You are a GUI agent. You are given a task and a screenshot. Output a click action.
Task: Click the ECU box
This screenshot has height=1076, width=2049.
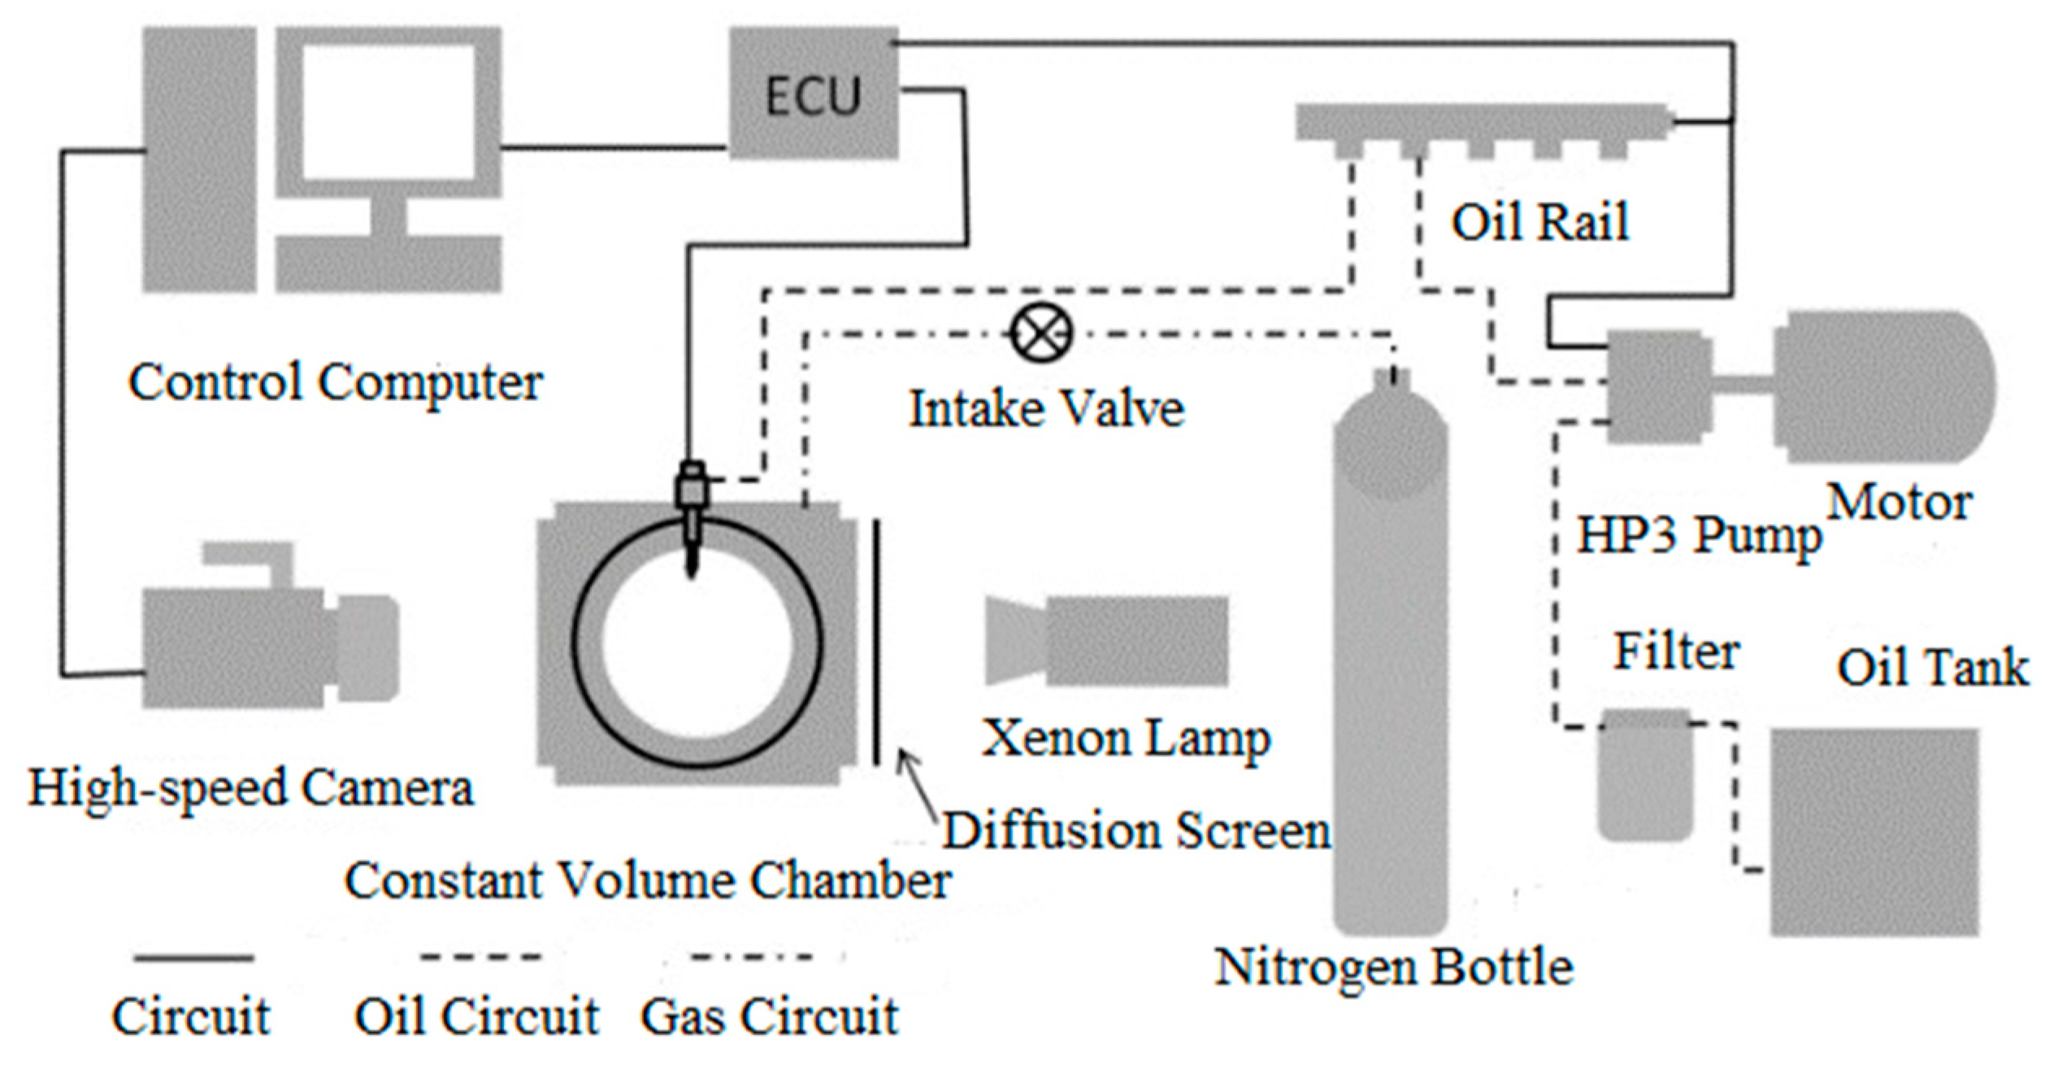pos(813,94)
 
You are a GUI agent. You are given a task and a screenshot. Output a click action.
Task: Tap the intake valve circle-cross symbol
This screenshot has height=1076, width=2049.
pos(1041,333)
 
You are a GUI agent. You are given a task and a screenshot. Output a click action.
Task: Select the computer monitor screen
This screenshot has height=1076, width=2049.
pos(389,110)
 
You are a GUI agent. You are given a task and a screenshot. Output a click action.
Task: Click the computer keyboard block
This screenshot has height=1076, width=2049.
pos(389,264)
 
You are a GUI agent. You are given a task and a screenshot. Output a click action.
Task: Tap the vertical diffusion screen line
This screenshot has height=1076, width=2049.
pos(876,643)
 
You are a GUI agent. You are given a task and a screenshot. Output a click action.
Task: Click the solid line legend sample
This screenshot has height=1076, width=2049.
pos(193,958)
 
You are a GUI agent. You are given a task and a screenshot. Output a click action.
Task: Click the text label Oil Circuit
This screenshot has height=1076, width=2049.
pos(477,1017)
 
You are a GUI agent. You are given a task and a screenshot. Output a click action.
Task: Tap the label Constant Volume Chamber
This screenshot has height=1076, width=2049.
pos(647,881)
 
